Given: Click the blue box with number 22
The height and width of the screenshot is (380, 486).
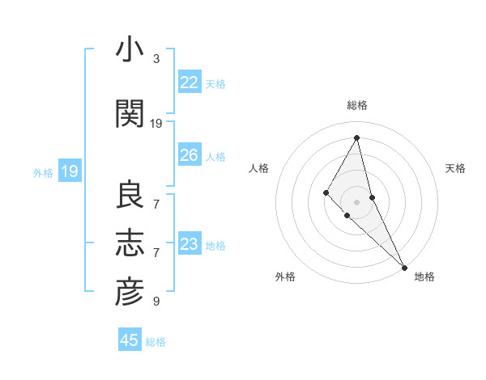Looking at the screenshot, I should (x=190, y=82).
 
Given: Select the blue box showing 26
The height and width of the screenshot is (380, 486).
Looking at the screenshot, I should (x=190, y=155).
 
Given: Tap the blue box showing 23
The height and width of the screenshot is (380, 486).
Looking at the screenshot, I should (x=190, y=244).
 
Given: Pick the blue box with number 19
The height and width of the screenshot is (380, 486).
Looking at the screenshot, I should (x=69, y=171).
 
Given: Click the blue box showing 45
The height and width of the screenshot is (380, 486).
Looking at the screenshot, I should (x=130, y=340).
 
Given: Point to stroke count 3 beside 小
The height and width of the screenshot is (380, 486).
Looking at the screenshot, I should (x=156, y=59).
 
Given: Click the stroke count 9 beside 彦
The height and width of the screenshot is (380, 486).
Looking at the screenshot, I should (x=156, y=302).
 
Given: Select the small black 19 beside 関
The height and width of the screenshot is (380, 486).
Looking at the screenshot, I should (x=156, y=124).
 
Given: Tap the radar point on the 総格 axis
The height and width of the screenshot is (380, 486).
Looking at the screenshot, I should (x=356, y=137).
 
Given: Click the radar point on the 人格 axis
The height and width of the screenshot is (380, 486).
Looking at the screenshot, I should (x=326, y=192).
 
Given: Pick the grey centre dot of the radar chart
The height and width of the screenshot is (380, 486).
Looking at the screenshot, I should (x=356, y=201).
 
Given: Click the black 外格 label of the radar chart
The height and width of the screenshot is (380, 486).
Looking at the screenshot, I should (x=285, y=277).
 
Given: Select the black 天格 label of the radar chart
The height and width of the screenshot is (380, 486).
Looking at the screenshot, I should (x=455, y=168).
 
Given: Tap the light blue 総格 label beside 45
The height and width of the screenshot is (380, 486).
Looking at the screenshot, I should (x=156, y=342).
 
